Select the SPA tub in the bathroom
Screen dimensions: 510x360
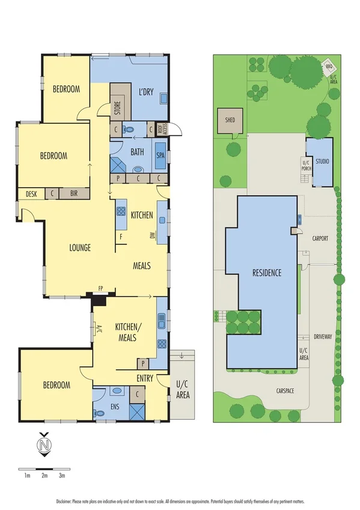tap(160, 155)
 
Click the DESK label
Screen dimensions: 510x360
tap(29, 194)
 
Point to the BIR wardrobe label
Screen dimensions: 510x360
tap(73, 194)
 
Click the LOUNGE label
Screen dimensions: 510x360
tap(79, 247)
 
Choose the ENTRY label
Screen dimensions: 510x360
tap(144, 378)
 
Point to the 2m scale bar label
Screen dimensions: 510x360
tap(44, 475)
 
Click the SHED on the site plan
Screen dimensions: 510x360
tap(230, 120)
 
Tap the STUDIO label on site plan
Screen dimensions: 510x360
tap(323, 161)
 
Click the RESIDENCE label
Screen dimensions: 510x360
tap(266, 272)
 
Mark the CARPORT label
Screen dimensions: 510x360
tap(320, 238)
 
